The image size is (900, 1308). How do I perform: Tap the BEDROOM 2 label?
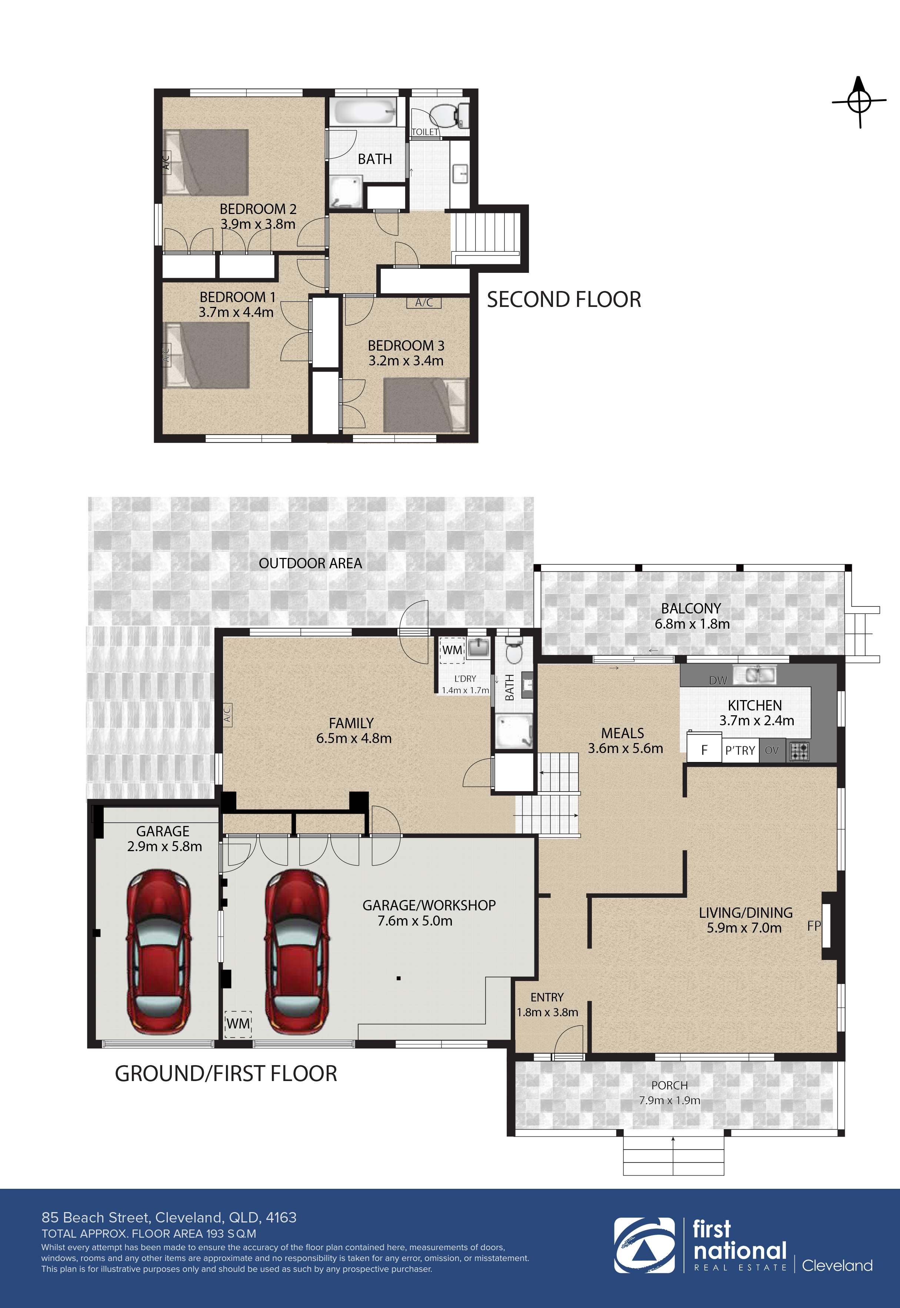[258, 209]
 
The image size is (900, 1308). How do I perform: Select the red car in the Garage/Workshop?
[297, 952]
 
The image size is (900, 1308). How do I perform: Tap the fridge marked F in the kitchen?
[704, 750]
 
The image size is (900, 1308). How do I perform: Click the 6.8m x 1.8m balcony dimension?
[691, 624]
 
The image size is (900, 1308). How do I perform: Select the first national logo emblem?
[644, 1245]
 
